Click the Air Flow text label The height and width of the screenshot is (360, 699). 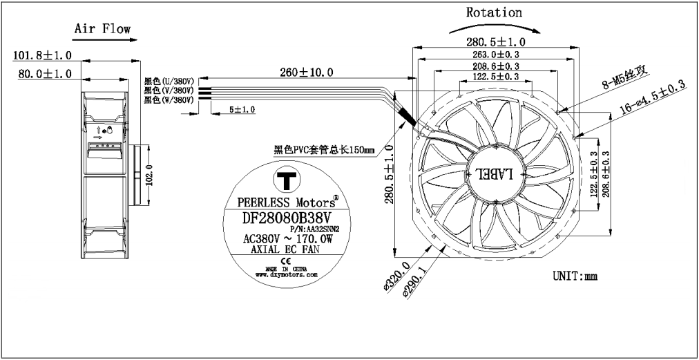pyautogui.click(x=102, y=29)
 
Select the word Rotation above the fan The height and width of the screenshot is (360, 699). pyautogui.click(x=494, y=12)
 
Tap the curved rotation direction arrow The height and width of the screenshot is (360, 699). pyautogui.click(x=495, y=25)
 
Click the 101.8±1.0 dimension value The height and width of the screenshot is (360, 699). pyautogui.click(x=42, y=54)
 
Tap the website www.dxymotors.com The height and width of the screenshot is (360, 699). pyautogui.click(x=282, y=274)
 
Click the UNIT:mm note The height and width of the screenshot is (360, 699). pyautogui.click(x=575, y=276)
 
